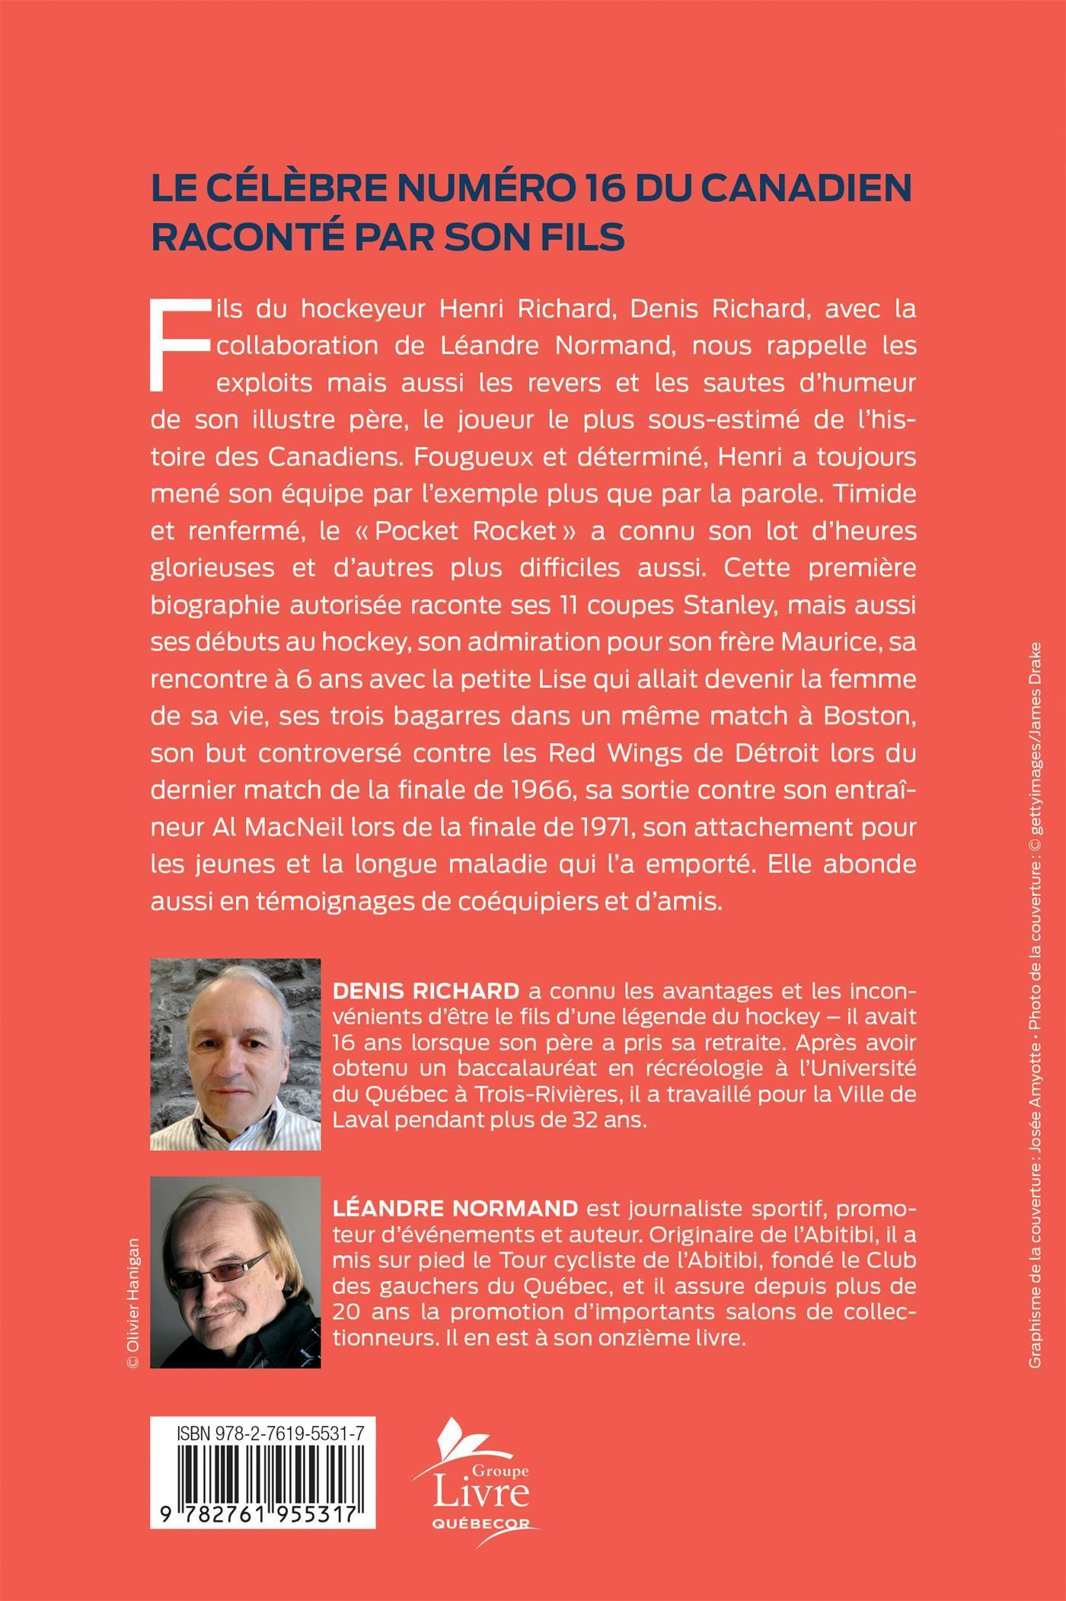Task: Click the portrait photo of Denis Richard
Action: click(x=235, y=1054)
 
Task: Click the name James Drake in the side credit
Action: click(x=1035, y=695)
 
